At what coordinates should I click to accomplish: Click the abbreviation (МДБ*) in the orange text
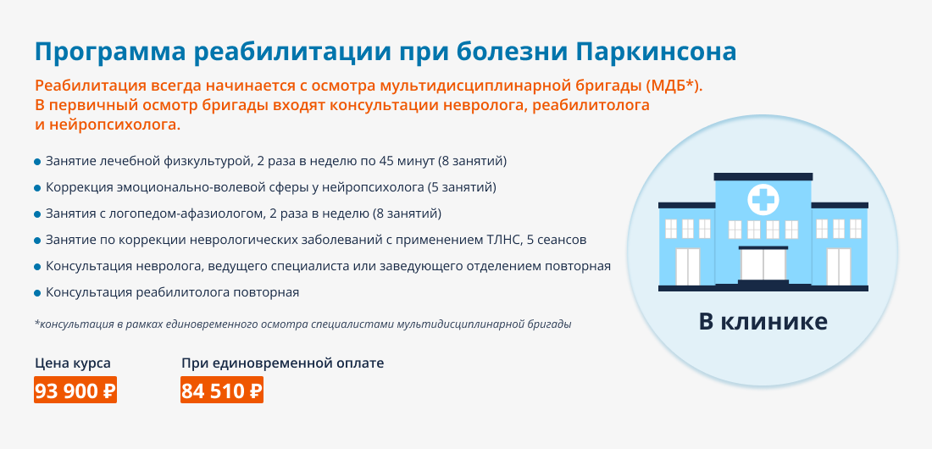[674, 86]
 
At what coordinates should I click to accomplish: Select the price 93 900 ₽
[75, 391]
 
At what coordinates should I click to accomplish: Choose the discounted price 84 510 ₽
[222, 391]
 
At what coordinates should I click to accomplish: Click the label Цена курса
[73, 363]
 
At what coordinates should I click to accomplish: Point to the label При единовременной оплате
[282, 363]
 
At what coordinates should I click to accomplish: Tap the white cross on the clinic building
[763, 199]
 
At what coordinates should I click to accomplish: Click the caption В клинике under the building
[763, 322]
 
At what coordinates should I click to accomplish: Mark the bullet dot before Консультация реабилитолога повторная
[37, 292]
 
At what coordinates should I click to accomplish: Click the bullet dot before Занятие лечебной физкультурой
[37, 161]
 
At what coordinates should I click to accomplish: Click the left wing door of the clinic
[688, 266]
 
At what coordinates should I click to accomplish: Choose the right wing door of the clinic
[839, 266]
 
